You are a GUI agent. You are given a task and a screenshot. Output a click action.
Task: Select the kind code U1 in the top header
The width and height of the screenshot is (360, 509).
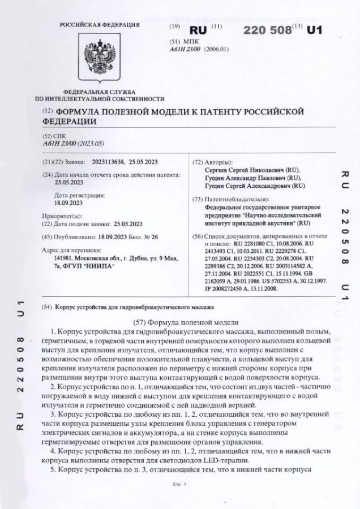pyautogui.click(x=314, y=30)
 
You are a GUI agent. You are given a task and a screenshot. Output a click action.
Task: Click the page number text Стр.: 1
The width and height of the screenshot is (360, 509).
pyautogui.click(x=179, y=485)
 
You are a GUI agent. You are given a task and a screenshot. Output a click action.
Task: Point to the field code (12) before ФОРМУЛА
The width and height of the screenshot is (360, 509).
pyautogui.click(x=47, y=111)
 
